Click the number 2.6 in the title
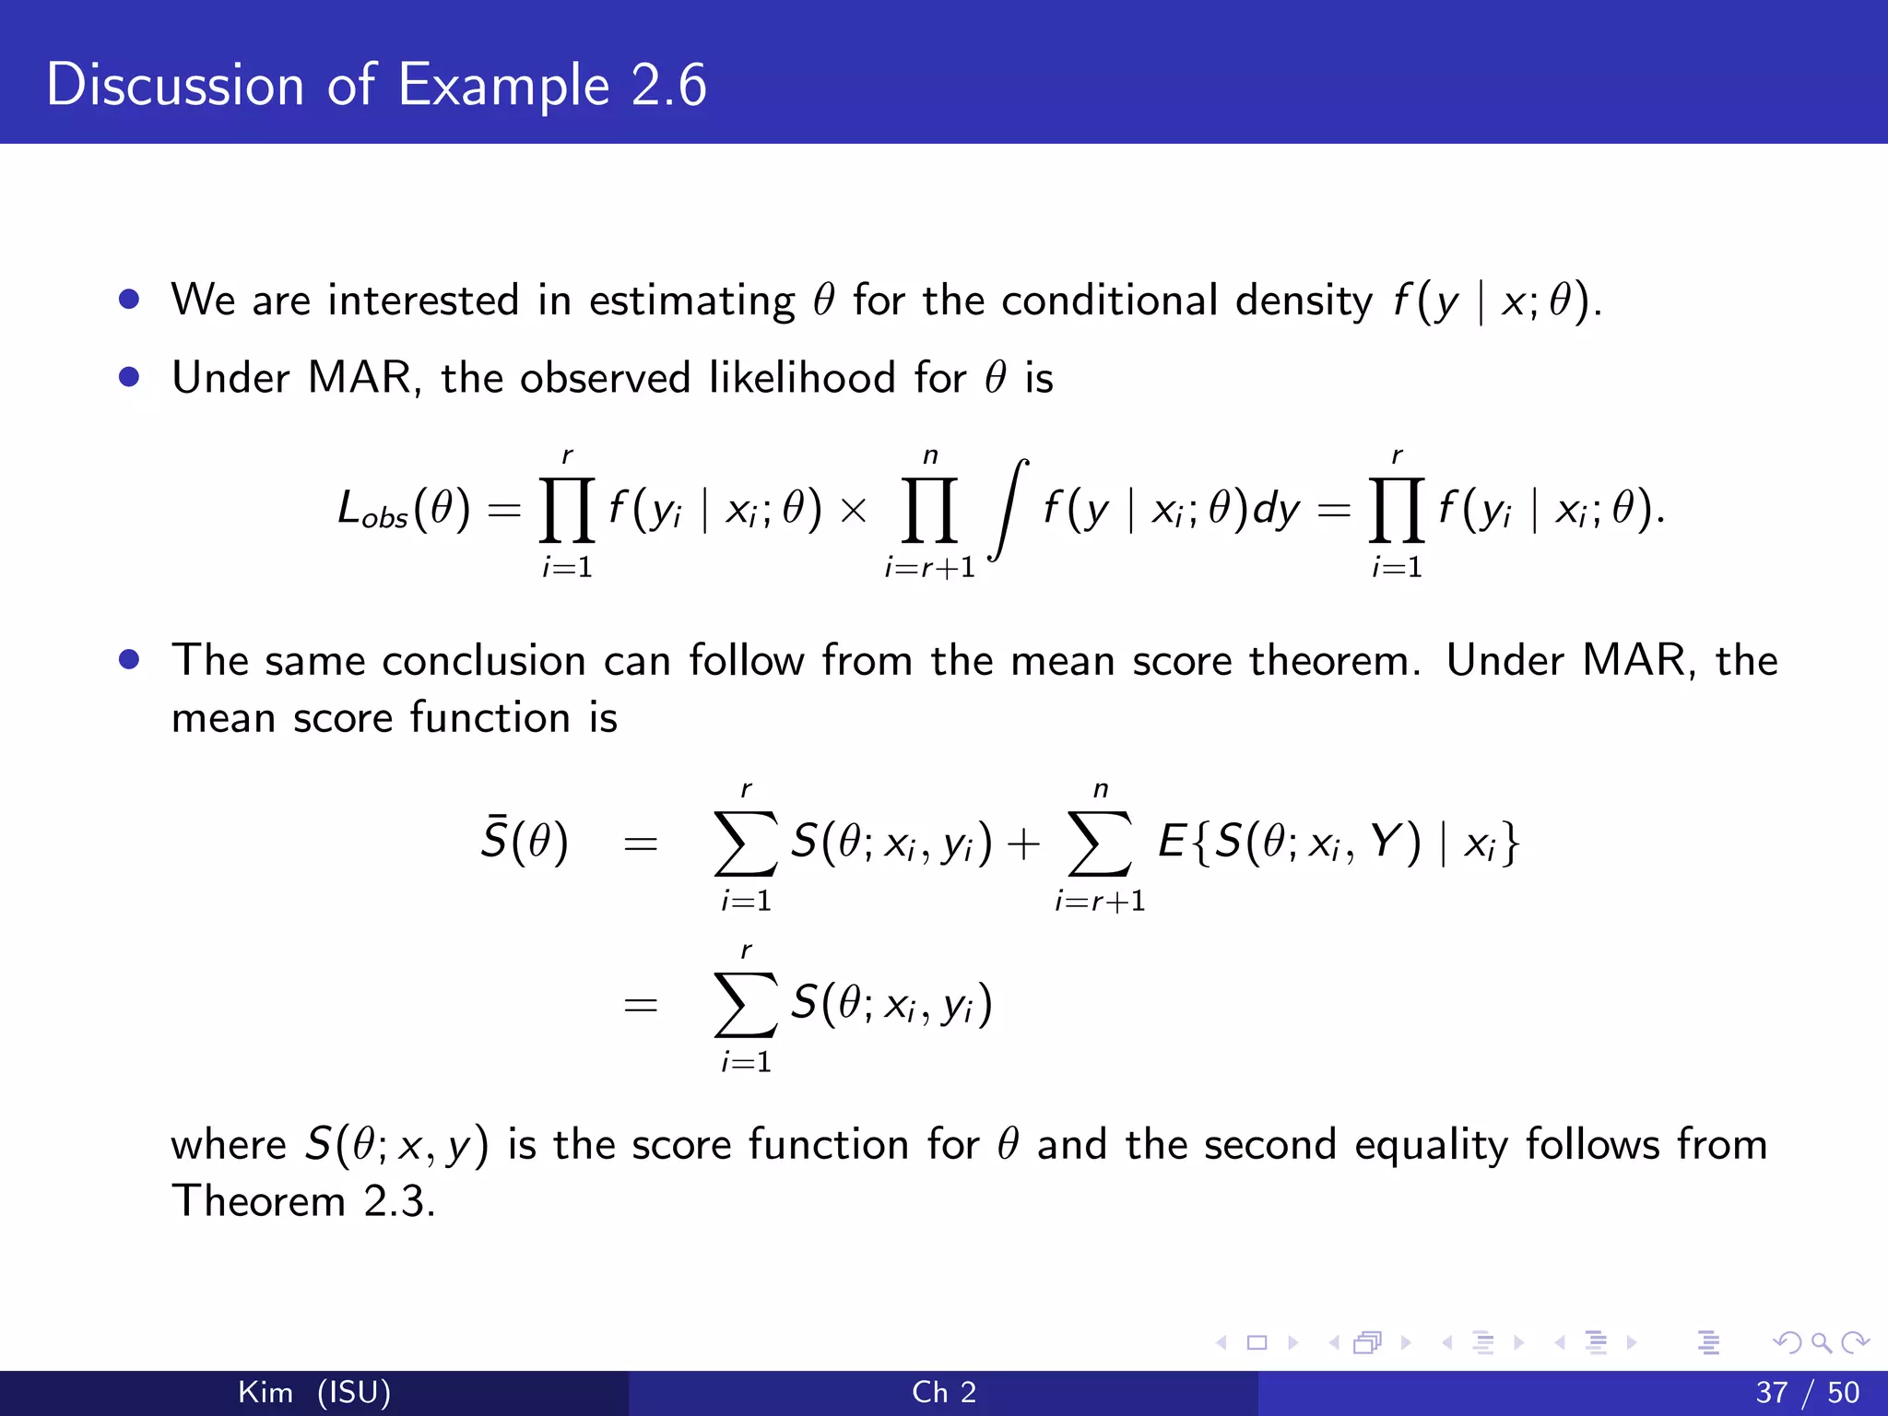668,85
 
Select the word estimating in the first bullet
691,301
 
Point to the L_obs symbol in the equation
372,510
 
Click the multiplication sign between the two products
854,510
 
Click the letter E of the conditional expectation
1171,841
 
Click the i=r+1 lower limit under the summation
1100,901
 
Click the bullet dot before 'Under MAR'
129,377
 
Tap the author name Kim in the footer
265,1392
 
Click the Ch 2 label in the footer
944,1392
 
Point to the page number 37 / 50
1807,1392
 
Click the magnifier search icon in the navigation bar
1821,1342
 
